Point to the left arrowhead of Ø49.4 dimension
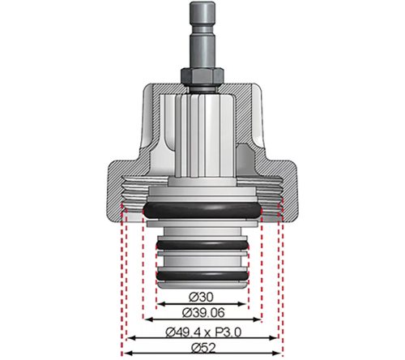(x=130, y=338)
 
